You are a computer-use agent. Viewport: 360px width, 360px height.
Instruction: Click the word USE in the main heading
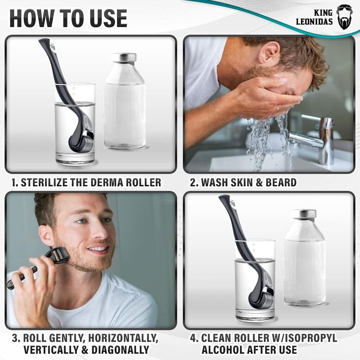pyautogui.click(x=108, y=18)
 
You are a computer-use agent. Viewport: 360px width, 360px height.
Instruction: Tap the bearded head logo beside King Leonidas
pyautogui.click(x=344, y=17)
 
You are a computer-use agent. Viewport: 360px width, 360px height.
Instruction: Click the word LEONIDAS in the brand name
pyautogui.click(x=314, y=21)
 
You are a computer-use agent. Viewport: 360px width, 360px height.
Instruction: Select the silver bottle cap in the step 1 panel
pyautogui.click(x=123, y=57)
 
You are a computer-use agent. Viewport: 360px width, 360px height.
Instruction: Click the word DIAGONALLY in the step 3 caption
pyautogui.click(x=120, y=350)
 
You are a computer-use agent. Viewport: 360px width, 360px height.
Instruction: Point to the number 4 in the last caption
pyautogui.click(x=193, y=339)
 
